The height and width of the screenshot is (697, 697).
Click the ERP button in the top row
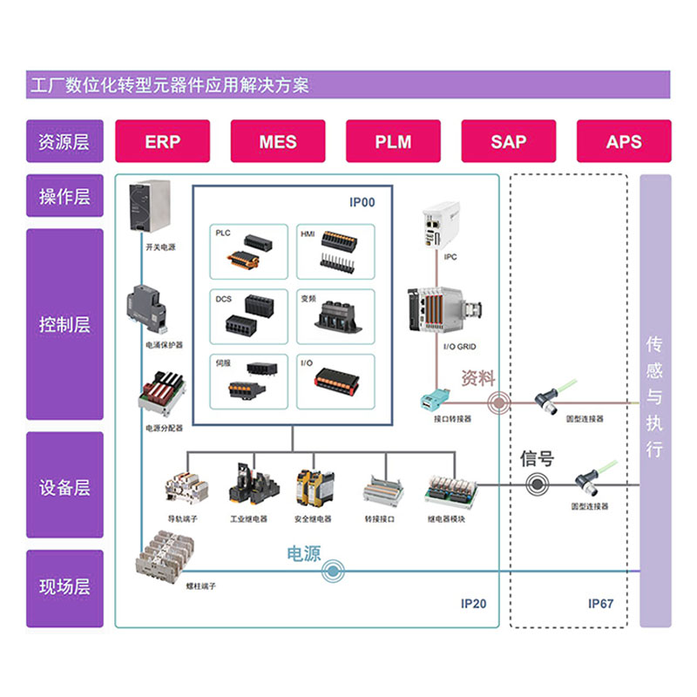(163, 141)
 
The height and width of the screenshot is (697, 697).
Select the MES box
(278, 141)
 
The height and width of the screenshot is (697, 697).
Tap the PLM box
(393, 141)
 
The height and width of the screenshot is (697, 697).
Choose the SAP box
(509, 141)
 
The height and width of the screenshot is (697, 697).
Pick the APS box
(624, 141)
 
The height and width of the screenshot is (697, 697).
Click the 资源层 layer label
(64, 141)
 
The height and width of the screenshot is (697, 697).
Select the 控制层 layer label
(64, 325)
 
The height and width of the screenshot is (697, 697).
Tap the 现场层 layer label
(64, 587)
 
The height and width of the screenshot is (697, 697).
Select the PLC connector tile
(249, 251)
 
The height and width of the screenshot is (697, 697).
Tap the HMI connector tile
(335, 251)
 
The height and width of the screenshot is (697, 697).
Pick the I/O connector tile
(335, 382)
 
